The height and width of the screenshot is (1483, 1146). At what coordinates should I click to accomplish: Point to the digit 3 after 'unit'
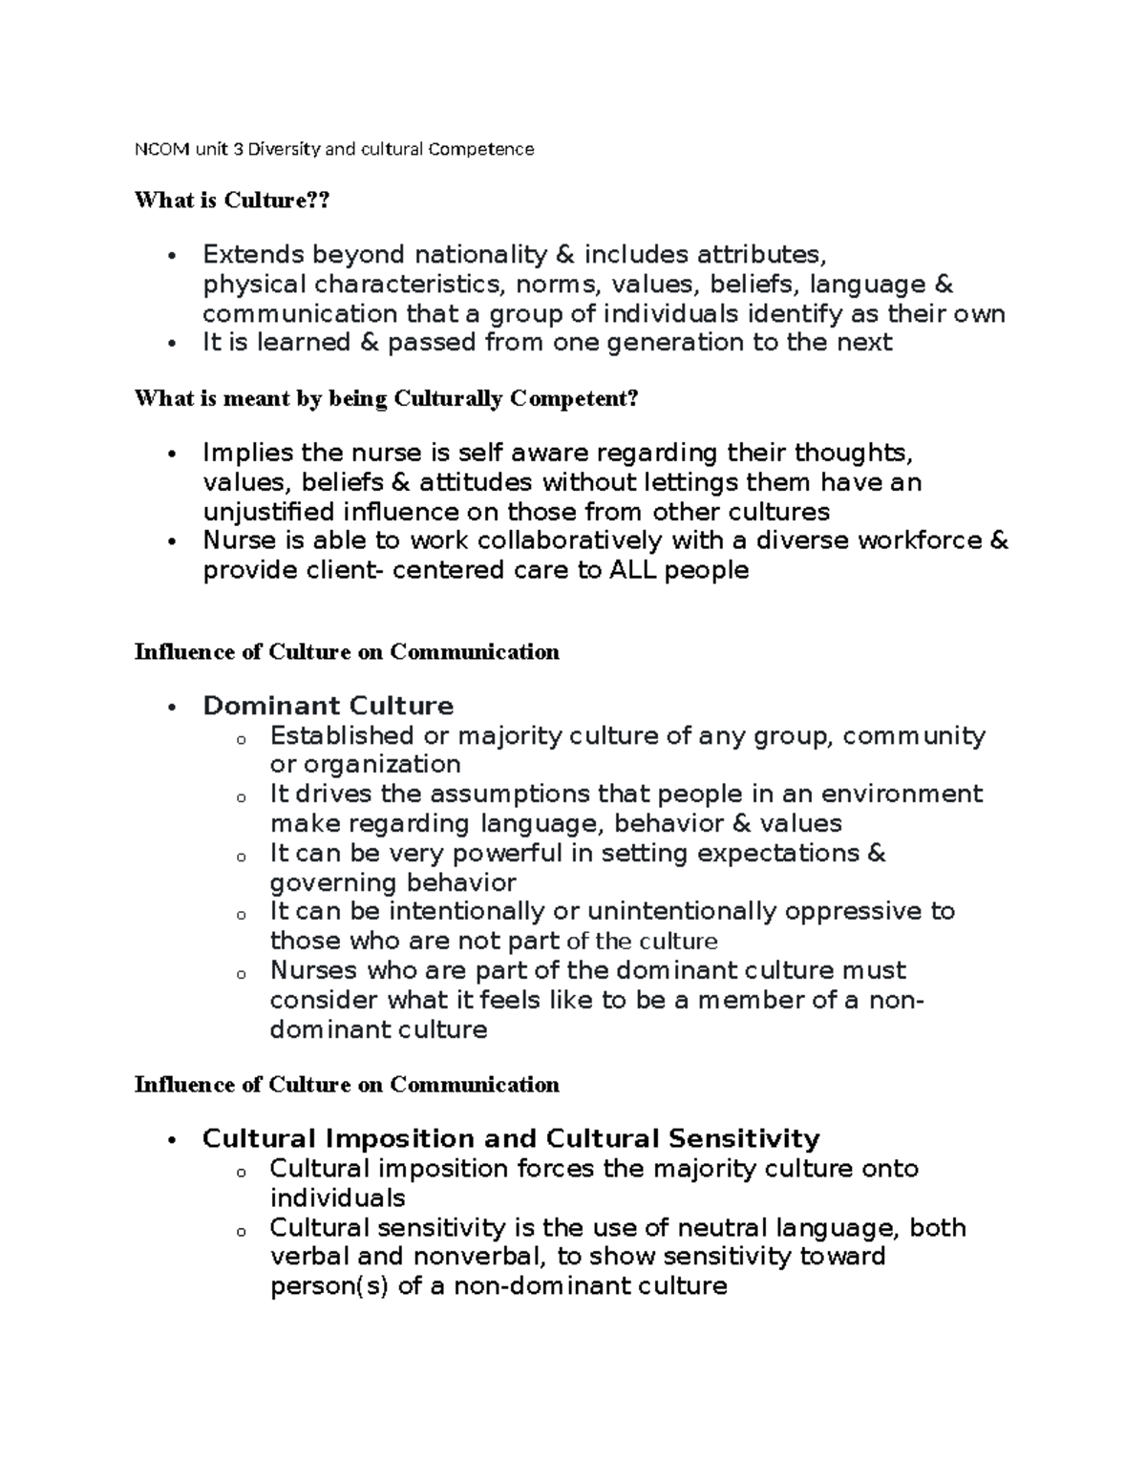pos(240,149)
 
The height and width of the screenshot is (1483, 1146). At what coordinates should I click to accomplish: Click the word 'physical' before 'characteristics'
pos(254,285)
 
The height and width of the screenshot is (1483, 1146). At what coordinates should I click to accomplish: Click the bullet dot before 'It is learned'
pos(171,345)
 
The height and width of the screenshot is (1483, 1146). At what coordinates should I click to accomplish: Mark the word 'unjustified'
pos(268,511)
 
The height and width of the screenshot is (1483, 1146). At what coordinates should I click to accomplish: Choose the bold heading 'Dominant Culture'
pos(328,706)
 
